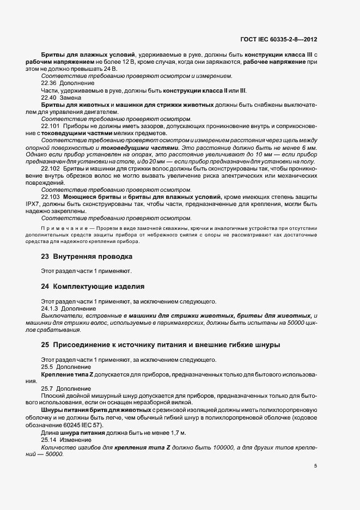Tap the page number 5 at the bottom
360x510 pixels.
(316, 465)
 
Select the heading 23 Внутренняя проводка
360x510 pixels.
(86, 256)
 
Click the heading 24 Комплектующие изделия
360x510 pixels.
(93, 286)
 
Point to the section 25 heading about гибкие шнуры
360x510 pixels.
(161, 344)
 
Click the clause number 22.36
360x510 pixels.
(50, 83)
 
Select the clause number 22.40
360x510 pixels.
(50, 97)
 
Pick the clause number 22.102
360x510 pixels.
(51, 168)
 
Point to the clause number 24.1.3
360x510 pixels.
(51, 308)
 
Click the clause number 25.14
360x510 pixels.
(50, 439)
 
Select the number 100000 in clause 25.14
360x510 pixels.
(225, 446)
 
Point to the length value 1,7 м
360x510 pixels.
(175, 432)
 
